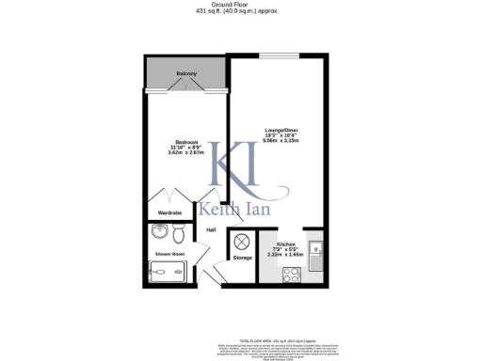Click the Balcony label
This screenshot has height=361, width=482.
(185, 72)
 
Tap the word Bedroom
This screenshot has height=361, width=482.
(184, 142)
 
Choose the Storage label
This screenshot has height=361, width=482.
(242, 257)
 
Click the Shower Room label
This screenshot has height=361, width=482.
(169, 254)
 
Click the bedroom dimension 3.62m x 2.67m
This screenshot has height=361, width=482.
(184, 153)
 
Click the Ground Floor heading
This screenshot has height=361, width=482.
(240, 5)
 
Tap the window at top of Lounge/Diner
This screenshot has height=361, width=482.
(279, 55)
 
